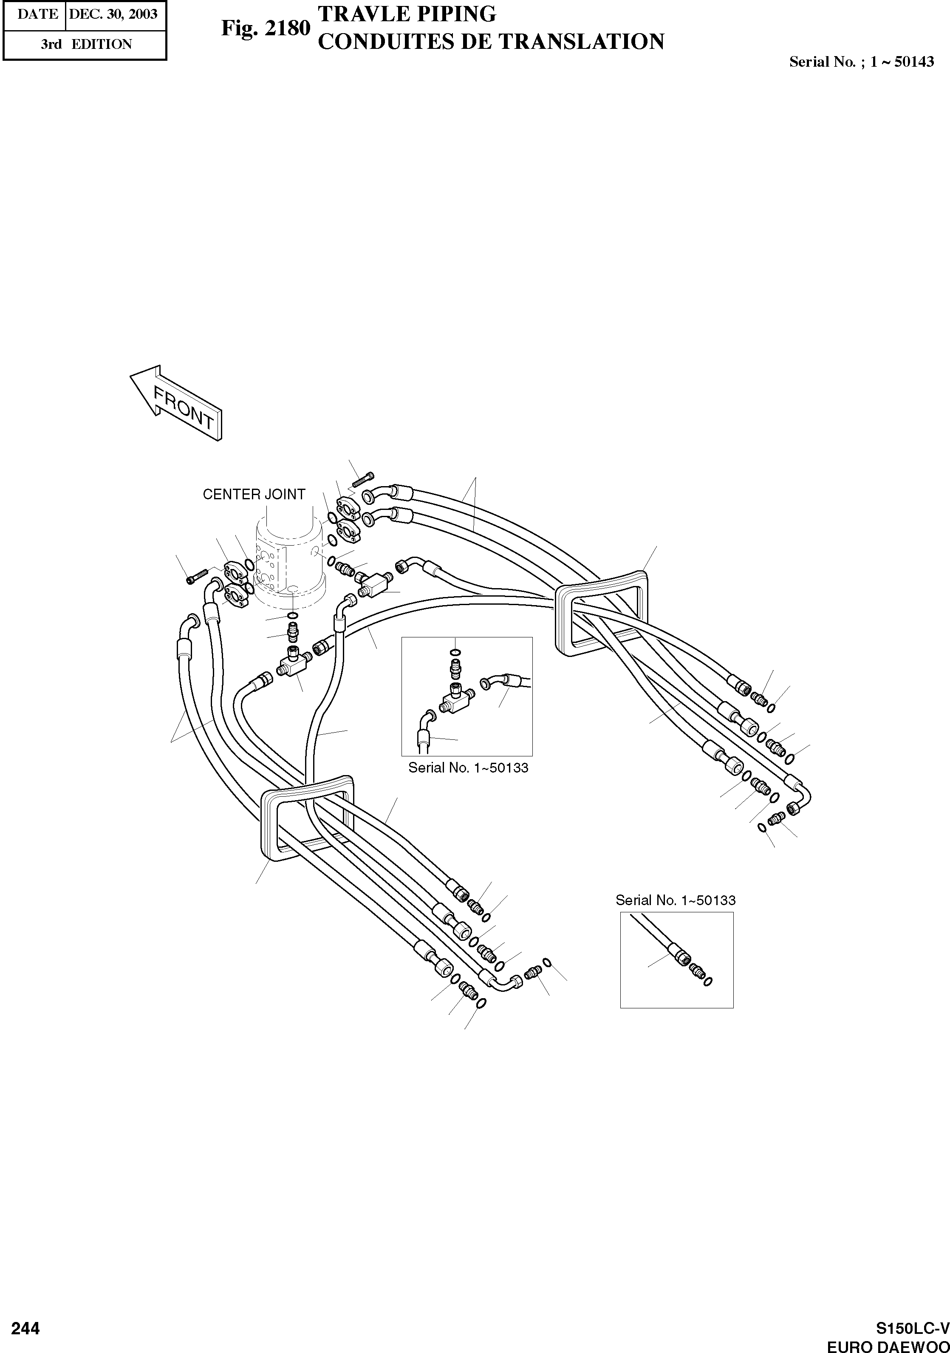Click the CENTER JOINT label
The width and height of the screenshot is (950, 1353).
tap(254, 494)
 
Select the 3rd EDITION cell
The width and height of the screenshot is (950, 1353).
tap(85, 44)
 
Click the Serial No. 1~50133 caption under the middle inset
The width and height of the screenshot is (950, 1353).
tap(468, 768)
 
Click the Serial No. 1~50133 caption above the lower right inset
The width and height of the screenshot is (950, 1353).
tap(676, 900)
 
